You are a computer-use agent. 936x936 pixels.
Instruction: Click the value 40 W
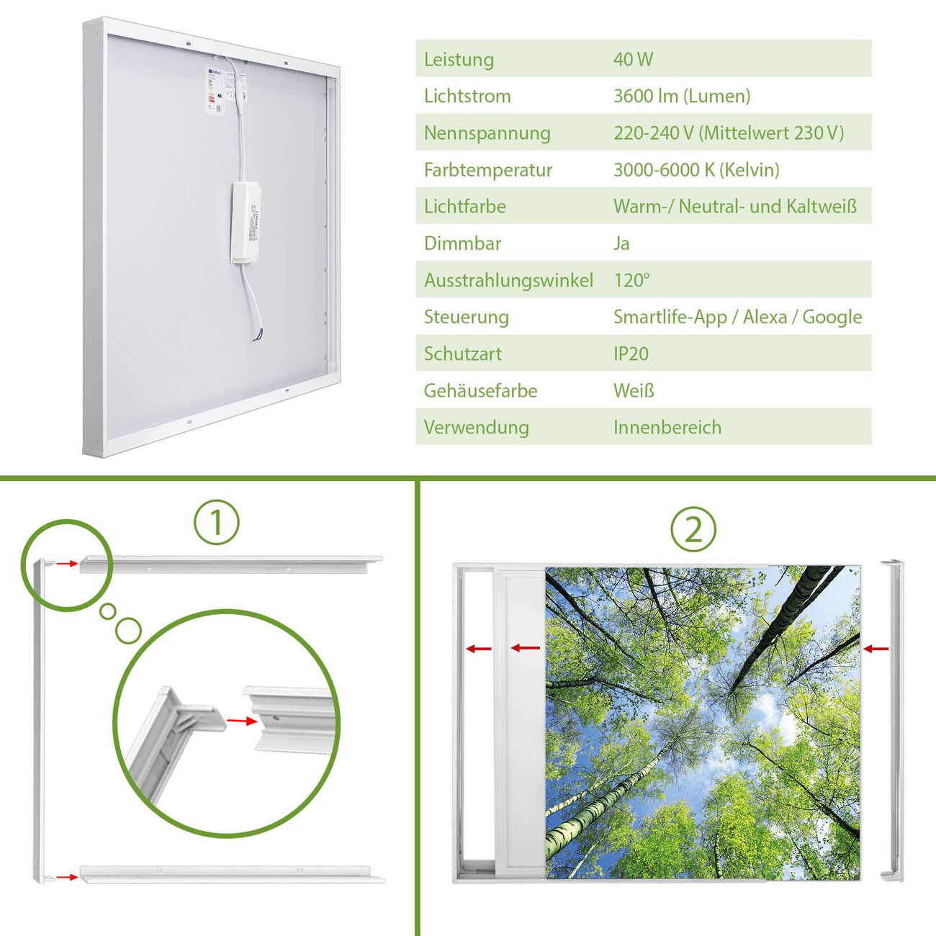coord(633,59)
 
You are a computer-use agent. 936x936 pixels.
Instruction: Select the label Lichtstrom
coord(467,96)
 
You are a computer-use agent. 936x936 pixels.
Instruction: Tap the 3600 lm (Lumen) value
coord(682,96)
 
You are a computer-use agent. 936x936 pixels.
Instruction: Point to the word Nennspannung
coord(487,133)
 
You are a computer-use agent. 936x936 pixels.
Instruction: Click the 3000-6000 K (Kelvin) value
coord(696,170)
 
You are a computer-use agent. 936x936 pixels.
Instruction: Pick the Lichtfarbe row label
coord(465,207)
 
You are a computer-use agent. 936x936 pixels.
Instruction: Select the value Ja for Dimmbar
coord(621,243)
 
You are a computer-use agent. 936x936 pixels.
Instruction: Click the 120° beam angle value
coord(631,280)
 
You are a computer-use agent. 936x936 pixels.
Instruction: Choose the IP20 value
coord(631,354)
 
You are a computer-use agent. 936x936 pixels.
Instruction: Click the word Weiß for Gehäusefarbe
coord(634,390)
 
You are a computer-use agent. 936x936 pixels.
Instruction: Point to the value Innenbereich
coord(667,428)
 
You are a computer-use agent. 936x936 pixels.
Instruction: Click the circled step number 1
coord(217,523)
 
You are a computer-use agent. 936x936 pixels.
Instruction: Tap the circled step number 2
coord(693,529)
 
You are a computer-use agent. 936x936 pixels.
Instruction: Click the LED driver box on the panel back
coord(246,223)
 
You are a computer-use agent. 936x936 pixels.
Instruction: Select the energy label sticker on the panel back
coord(215,90)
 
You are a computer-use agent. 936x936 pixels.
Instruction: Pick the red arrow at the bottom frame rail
coord(67,877)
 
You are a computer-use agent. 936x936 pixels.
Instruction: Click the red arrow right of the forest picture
coord(876,649)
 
